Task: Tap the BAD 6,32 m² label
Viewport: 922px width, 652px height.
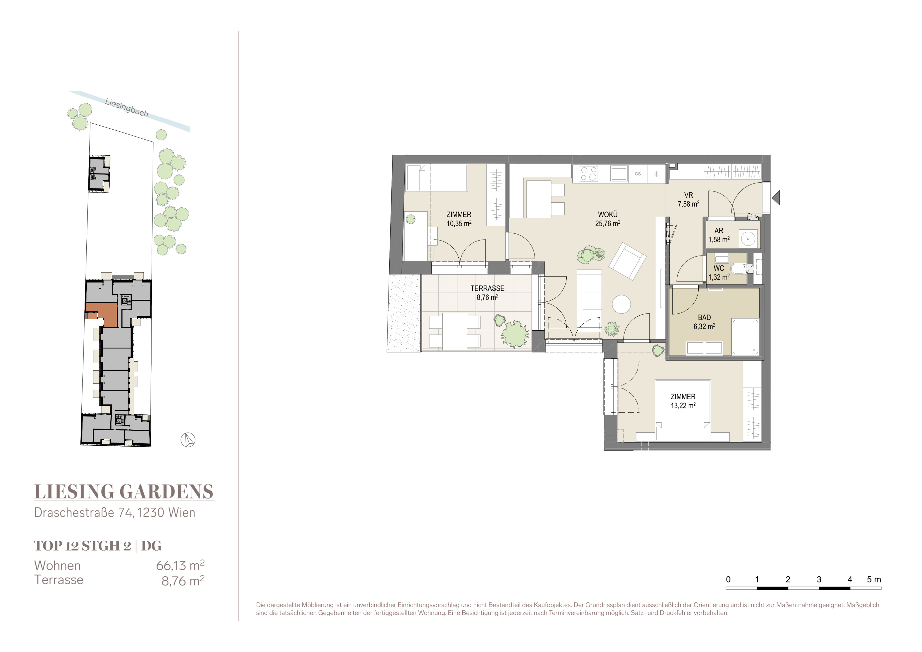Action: point(704,322)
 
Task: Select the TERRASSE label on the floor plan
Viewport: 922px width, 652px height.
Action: point(488,288)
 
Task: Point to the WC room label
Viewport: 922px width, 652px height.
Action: point(719,268)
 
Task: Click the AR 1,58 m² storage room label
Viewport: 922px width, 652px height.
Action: point(719,235)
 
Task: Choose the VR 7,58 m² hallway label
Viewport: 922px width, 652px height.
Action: point(688,199)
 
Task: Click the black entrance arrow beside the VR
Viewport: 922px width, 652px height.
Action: point(776,198)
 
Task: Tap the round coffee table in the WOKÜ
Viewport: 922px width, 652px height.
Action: point(622,304)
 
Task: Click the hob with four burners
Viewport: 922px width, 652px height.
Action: point(589,174)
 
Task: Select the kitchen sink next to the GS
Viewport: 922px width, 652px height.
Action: point(619,174)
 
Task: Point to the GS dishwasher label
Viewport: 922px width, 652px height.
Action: point(638,174)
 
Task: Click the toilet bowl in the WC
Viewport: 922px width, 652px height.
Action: point(738,268)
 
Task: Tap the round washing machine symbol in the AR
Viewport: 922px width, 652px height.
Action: point(748,238)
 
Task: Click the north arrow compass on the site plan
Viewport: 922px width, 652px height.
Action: point(188,440)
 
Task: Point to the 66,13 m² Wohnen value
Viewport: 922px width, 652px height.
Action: point(180,565)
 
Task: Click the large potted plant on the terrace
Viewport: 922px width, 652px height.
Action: point(514,334)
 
